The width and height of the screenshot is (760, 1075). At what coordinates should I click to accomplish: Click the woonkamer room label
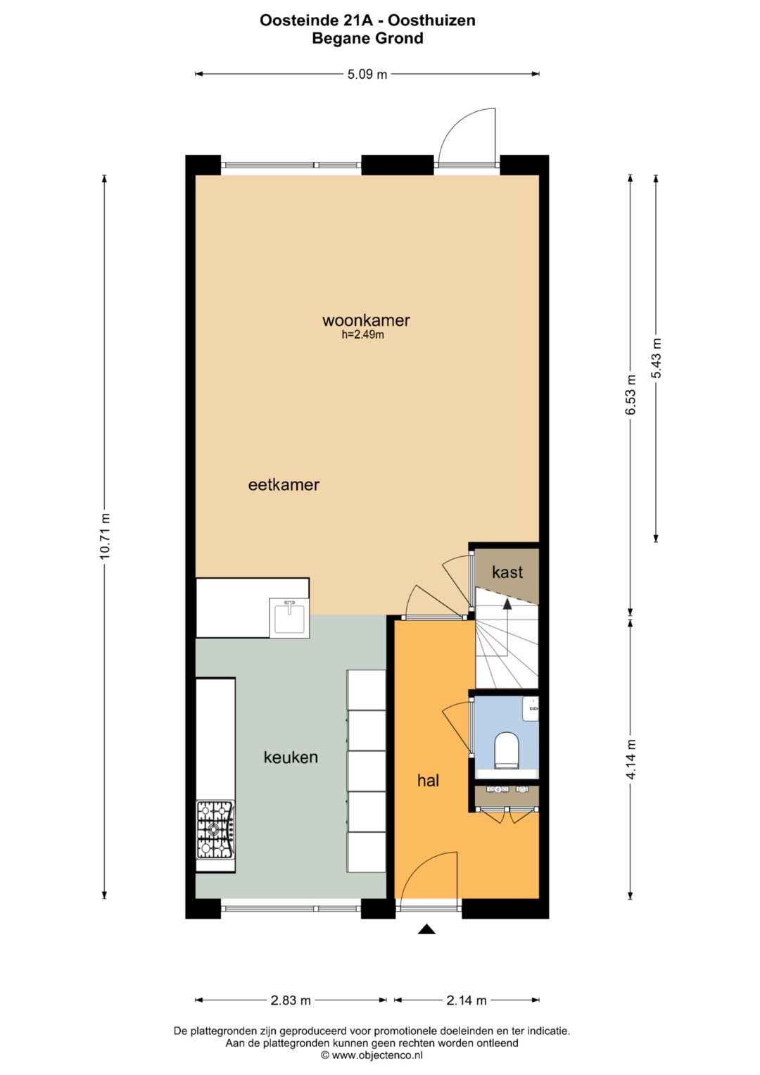(366, 320)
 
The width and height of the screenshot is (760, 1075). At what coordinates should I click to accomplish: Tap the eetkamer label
(284, 484)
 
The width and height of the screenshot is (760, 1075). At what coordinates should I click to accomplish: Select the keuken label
(291, 757)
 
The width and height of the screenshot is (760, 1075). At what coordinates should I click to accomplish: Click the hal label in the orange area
(428, 780)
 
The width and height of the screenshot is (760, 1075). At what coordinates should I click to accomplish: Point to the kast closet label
(507, 572)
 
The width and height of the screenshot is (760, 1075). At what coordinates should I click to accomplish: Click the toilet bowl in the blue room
(507, 749)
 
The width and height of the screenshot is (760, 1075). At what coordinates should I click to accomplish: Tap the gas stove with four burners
(215, 829)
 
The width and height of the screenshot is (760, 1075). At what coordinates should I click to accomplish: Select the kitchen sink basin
(289, 618)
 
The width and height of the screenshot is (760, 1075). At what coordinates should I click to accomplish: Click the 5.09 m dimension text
(367, 74)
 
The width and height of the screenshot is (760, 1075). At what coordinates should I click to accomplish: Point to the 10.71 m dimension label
(105, 536)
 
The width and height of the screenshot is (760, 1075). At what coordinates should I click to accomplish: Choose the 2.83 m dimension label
(291, 1000)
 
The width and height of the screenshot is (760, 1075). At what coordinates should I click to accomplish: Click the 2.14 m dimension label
(467, 1000)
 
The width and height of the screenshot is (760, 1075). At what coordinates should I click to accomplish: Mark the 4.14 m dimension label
(631, 759)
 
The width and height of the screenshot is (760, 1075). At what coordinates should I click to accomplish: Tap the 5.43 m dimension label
(656, 358)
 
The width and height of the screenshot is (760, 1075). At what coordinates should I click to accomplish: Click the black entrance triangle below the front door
(426, 930)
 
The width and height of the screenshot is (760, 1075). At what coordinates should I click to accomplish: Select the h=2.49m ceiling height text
(363, 335)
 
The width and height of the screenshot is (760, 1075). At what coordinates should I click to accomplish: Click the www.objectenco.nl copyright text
(372, 1055)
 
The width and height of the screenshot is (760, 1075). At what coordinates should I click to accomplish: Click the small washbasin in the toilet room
(531, 708)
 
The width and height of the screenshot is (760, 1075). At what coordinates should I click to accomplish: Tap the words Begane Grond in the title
(367, 38)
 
